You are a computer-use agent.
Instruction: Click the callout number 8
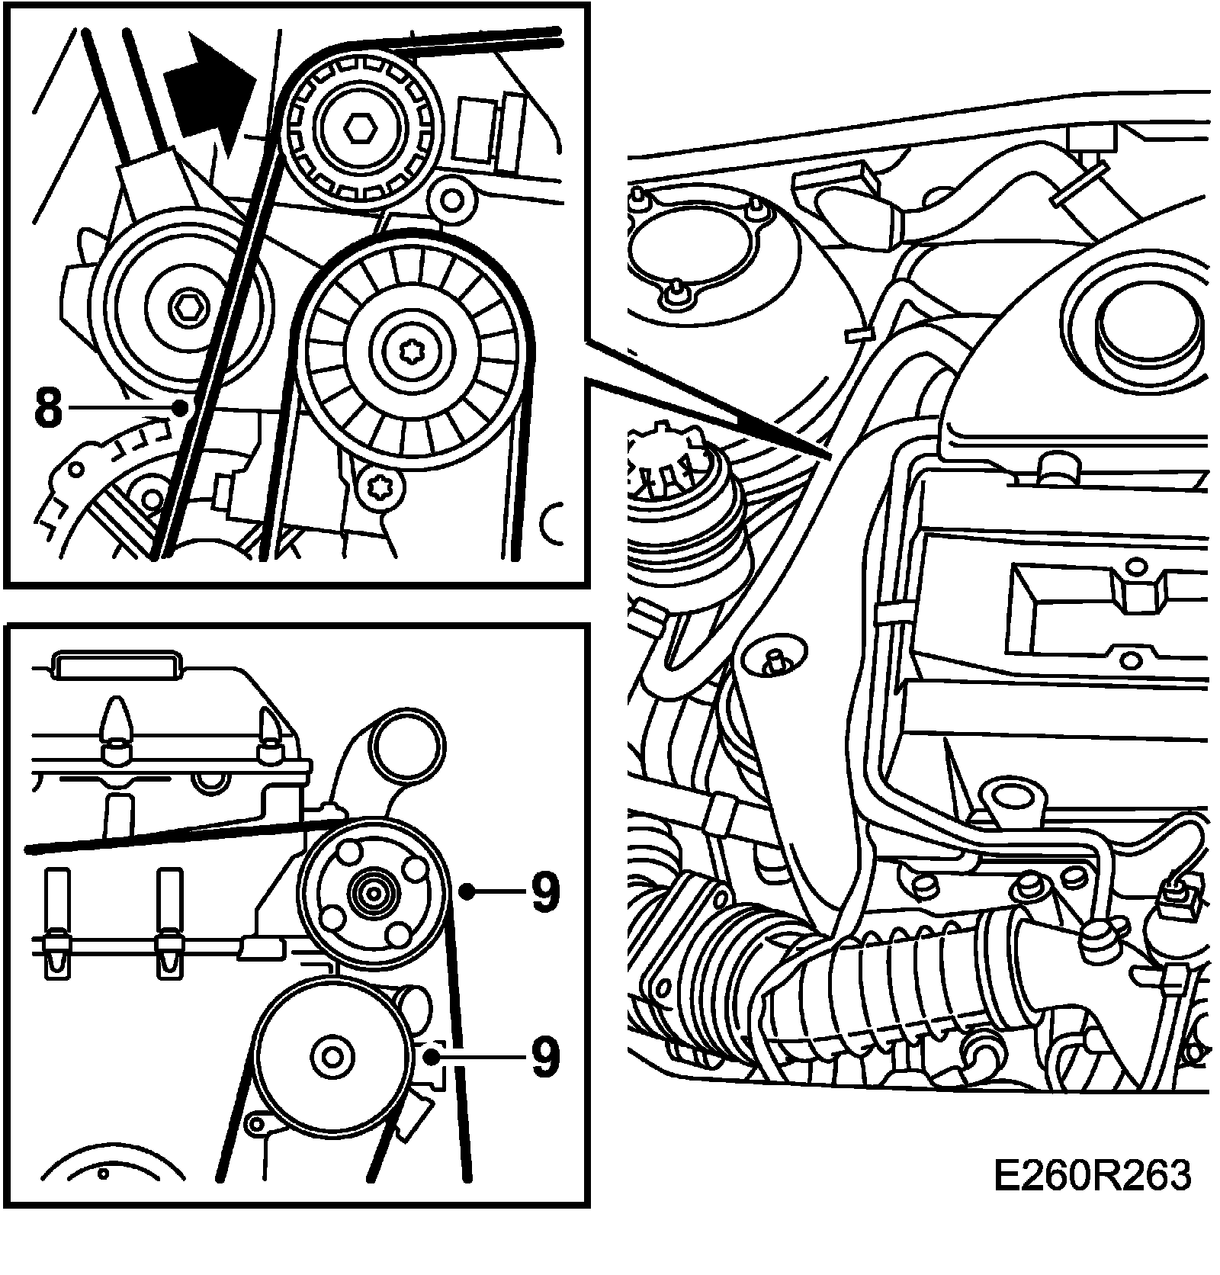click(48, 408)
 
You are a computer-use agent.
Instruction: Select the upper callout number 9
click(544, 890)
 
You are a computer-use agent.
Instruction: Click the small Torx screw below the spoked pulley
click(377, 484)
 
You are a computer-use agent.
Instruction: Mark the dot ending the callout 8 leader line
click(180, 408)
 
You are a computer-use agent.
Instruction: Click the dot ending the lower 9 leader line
click(432, 1057)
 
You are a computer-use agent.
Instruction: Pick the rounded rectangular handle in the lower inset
click(117, 666)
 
